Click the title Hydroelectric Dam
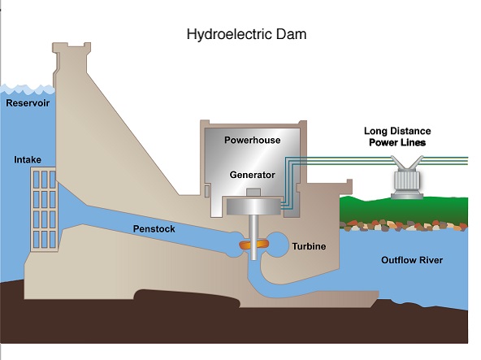[x=247, y=34]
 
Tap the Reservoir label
[x=28, y=103]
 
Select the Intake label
[x=28, y=159]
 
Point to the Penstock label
[x=154, y=228]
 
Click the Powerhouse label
[x=253, y=140]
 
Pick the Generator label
[x=253, y=175]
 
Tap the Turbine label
[x=309, y=246]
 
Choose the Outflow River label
[x=412, y=260]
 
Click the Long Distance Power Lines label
[x=397, y=137]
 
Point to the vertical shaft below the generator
[x=253, y=237]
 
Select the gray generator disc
[x=253, y=206]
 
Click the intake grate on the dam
[x=44, y=210]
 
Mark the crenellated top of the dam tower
[x=71, y=48]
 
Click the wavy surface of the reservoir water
[x=28, y=89]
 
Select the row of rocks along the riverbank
[x=403, y=226]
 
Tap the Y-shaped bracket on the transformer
[x=407, y=163]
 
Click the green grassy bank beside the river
[x=404, y=210]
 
